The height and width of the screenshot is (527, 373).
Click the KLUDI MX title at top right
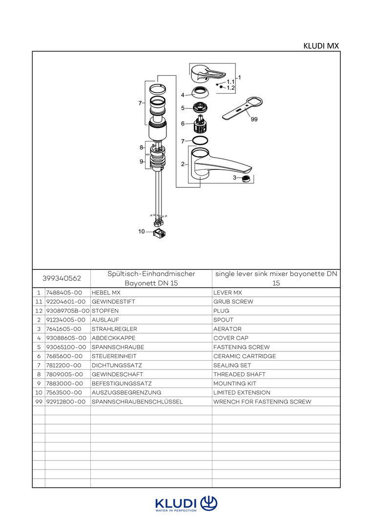pos(321,46)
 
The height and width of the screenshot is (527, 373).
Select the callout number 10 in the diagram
pos(142,231)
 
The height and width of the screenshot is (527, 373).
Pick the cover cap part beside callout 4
pos(200,92)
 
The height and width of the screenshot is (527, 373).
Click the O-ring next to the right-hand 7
pos(200,141)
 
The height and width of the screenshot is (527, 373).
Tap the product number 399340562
pos(62,279)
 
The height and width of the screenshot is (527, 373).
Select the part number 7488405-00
pos(63,293)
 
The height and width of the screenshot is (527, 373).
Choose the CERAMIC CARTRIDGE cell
pos(244,356)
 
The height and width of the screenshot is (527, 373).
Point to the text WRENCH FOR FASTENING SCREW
pos(262,402)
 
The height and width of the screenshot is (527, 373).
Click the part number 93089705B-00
pos(68,311)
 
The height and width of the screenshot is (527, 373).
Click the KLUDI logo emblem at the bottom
pos(208,503)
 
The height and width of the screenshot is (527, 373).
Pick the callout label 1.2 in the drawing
pos(231,88)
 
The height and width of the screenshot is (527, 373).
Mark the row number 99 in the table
pos(39,402)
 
